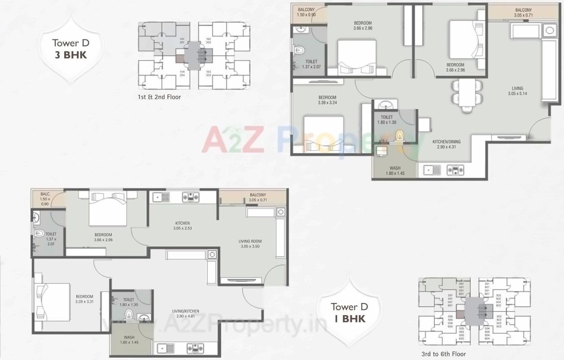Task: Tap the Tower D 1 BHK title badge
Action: (349, 312)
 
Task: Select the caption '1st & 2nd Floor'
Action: (160, 96)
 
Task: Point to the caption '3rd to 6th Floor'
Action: (444, 354)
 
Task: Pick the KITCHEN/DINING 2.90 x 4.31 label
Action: (446, 144)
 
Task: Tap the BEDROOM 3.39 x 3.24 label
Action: (327, 100)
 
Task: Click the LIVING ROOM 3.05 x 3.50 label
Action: (249, 244)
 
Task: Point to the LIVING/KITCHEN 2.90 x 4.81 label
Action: (188, 314)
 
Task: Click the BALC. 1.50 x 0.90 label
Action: (44, 199)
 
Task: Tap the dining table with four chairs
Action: (467, 94)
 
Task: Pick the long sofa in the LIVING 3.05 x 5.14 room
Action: (549, 70)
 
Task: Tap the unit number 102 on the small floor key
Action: (209, 39)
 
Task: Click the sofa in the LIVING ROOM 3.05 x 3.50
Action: (280, 237)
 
